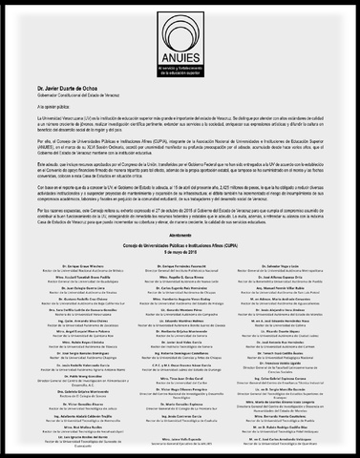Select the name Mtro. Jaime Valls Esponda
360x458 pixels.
tap(180, 442)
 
